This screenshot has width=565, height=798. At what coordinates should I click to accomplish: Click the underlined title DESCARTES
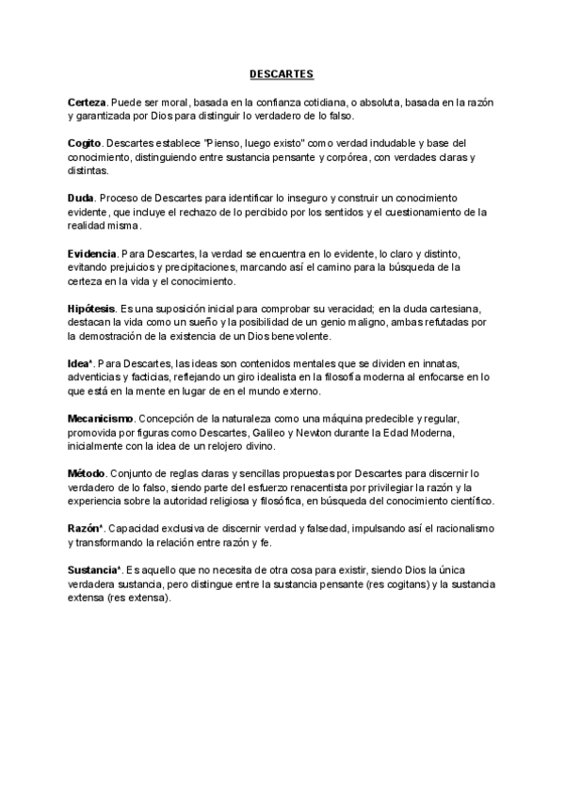tap(282, 72)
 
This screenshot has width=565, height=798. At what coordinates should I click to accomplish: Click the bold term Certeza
tap(87, 101)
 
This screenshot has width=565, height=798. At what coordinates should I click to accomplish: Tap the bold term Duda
tap(81, 199)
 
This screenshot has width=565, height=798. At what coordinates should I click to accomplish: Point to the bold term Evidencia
tap(92, 255)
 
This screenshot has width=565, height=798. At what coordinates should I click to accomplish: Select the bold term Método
tap(86, 473)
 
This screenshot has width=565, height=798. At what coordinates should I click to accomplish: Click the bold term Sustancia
tap(92, 571)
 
